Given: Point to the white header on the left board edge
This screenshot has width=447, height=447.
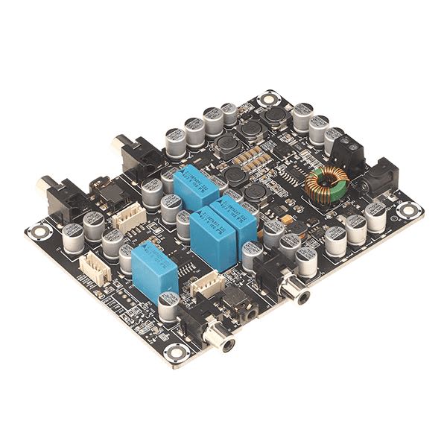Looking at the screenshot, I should tap(95, 266).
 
